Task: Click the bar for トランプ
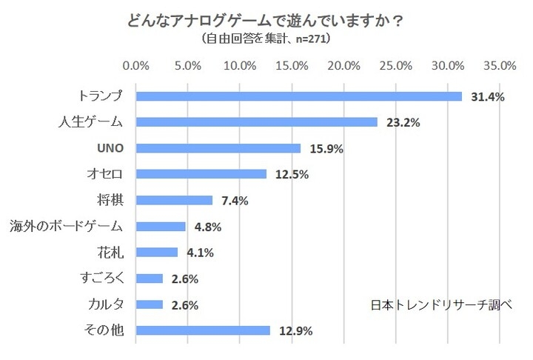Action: point(299,96)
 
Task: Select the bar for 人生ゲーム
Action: point(257,122)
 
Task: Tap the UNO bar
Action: point(218,148)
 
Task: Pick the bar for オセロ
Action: point(201,174)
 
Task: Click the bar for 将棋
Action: point(175,200)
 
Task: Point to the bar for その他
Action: point(203,330)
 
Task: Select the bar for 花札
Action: point(158,252)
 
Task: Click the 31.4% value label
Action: point(488,96)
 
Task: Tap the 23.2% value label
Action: point(403,122)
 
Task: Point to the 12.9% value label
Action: point(295,330)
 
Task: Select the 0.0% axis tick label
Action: point(137,66)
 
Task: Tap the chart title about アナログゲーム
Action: point(266,20)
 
